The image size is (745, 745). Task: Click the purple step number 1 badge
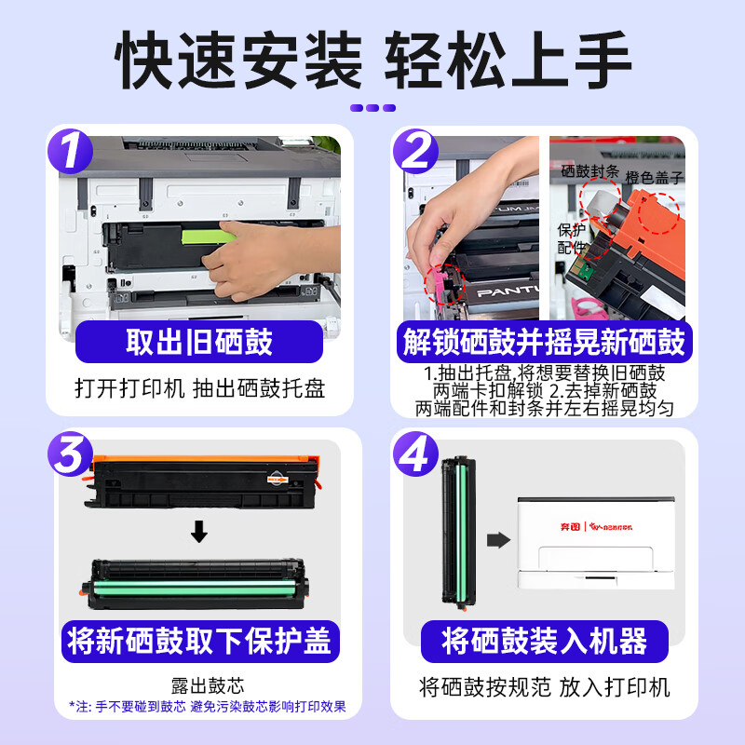coord(71,151)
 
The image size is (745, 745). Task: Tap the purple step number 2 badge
coord(415,151)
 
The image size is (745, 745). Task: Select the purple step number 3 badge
coord(71,454)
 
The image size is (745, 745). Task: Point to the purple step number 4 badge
coord(415,454)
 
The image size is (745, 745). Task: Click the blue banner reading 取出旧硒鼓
coord(199,342)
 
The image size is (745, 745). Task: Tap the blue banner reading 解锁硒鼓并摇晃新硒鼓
coord(545,342)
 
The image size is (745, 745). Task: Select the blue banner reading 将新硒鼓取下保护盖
coord(200,642)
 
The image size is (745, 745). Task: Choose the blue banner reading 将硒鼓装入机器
coord(545,642)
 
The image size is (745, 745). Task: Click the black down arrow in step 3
coord(199,531)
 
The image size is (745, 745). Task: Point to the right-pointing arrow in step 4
coord(498,540)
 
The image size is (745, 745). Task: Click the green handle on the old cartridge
coord(207,237)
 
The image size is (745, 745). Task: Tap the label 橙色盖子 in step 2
coord(655,178)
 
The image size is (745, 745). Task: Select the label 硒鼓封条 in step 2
coord(589,171)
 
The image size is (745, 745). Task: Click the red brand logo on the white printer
coord(596,526)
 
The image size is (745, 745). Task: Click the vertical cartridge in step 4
coord(458,533)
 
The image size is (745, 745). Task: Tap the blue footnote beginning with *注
coord(208,707)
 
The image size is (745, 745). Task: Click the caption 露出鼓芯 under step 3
coord(208,685)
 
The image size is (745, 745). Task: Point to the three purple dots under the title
coord(373,108)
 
